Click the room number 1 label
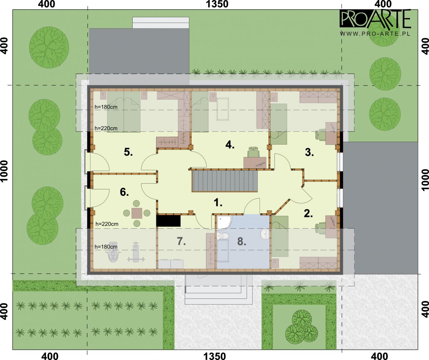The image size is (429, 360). point(218,203)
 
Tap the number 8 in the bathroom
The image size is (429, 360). point(242,241)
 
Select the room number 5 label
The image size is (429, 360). point(128,152)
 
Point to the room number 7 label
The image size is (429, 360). point(181,241)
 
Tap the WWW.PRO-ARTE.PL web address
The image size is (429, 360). point(375,34)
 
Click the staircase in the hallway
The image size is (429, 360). point(225,181)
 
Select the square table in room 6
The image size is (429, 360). point(137,213)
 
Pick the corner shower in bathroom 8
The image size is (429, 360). point(224,222)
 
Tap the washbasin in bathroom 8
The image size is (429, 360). point(265,234)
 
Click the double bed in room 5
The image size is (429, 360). point(124,112)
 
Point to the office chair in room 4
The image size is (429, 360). point(253,152)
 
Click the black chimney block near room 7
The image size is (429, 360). point(168,221)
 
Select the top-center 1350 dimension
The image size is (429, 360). point(217,4)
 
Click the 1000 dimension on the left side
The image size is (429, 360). point(4,171)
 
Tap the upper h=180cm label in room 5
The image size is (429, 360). point(106,107)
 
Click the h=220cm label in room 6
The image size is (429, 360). point(107,224)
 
